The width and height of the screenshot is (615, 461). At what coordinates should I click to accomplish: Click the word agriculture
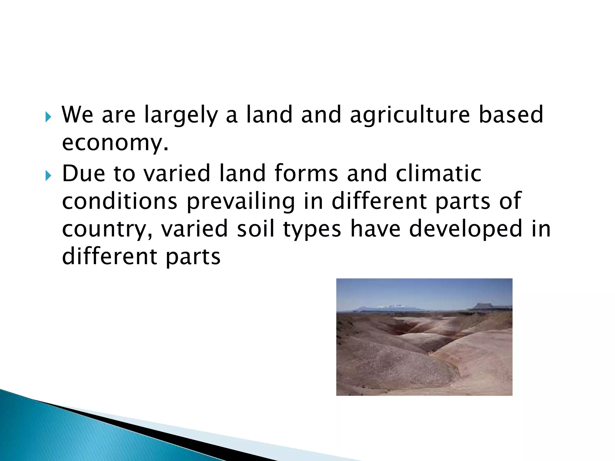[x=410, y=115]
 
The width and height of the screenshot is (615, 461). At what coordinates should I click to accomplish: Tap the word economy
[x=115, y=143]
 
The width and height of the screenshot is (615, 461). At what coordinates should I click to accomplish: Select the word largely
[x=181, y=115]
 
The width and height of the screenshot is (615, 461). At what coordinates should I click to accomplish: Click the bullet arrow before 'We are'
[x=48, y=117]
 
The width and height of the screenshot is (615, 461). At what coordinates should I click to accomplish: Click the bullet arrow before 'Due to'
[x=48, y=175]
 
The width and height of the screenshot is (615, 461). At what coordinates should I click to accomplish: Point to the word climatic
[x=438, y=173]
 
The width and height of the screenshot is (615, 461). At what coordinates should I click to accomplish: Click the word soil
[x=256, y=229]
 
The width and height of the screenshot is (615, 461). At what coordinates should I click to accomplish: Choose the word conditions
[x=120, y=201]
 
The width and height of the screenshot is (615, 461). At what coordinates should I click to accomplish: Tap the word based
[x=511, y=115]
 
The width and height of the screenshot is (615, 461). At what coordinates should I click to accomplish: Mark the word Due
[x=83, y=173]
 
